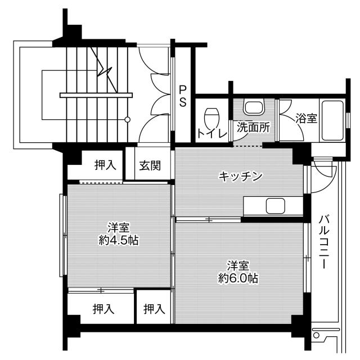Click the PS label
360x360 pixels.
(183, 95)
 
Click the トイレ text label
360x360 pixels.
(212, 134)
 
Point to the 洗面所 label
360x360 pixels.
(252, 127)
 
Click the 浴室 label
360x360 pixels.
(306, 118)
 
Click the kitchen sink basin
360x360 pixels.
(275, 206)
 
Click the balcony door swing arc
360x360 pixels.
(321, 171)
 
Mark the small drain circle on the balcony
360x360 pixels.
(317, 336)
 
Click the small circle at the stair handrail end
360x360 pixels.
(128, 119)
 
